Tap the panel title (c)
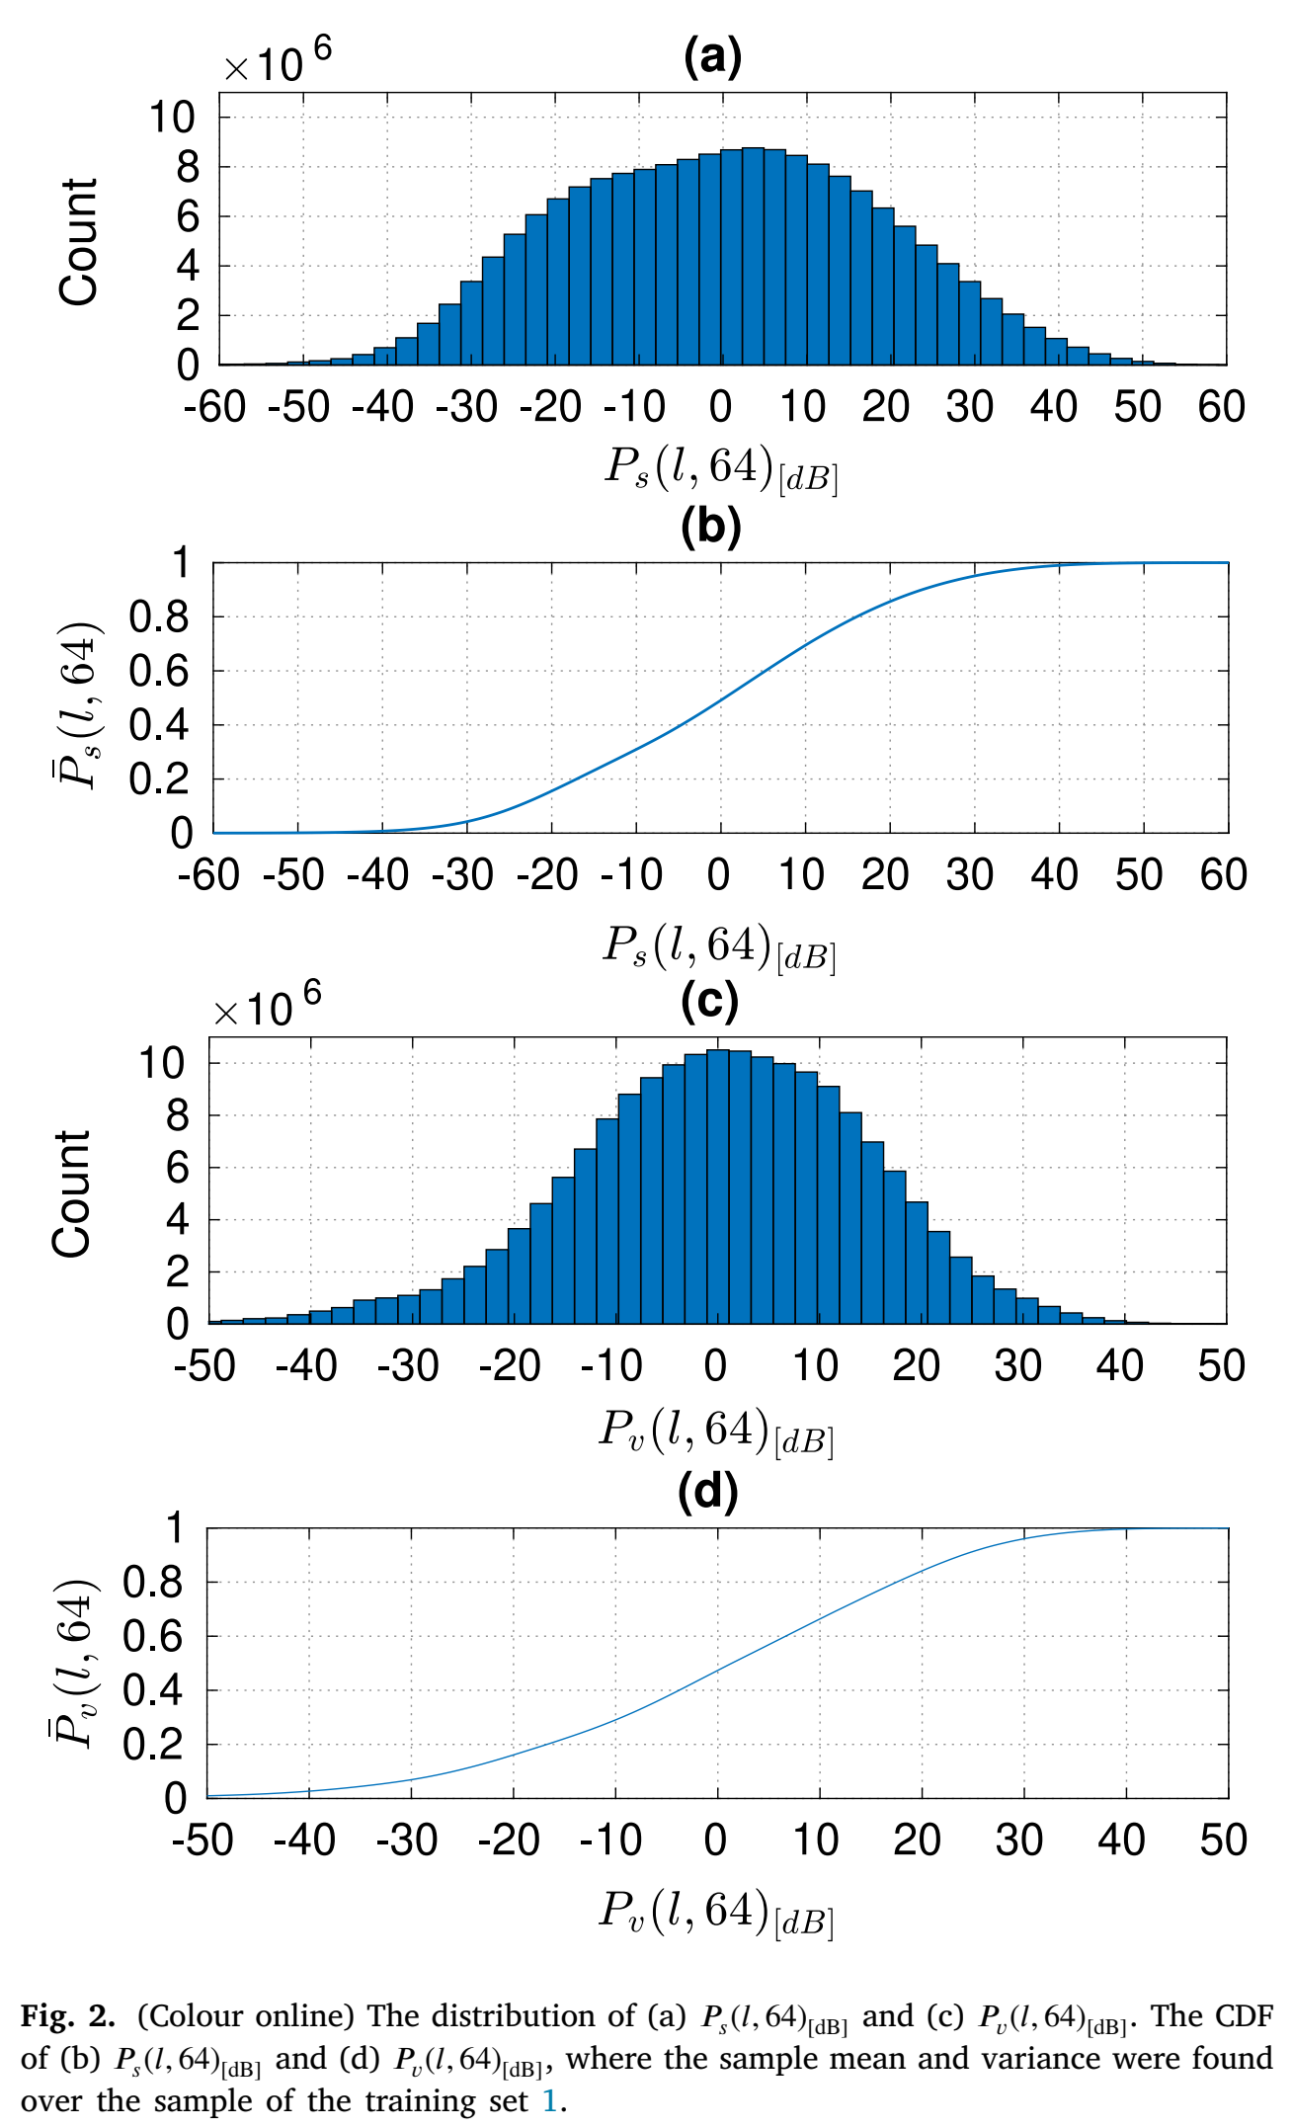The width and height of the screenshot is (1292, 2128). click(709, 1001)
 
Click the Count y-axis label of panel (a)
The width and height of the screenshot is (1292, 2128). click(79, 242)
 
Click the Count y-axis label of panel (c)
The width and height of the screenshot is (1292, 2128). click(71, 1193)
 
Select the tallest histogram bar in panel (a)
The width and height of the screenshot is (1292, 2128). click(753, 256)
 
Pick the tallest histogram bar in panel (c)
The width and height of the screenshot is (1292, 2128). click(718, 1187)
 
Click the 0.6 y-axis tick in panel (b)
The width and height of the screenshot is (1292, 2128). click(160, 672)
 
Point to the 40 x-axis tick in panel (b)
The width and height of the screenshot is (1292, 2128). click(1055, 875)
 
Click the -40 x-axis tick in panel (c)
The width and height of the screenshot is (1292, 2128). click(306, 1366)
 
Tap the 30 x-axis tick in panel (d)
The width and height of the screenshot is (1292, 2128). click(1019, 1841)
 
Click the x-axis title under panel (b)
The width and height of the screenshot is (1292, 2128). click(720, 946)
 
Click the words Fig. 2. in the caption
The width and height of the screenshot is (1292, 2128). click(68, 2016)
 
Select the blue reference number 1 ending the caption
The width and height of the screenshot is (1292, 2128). click(550, 2100)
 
